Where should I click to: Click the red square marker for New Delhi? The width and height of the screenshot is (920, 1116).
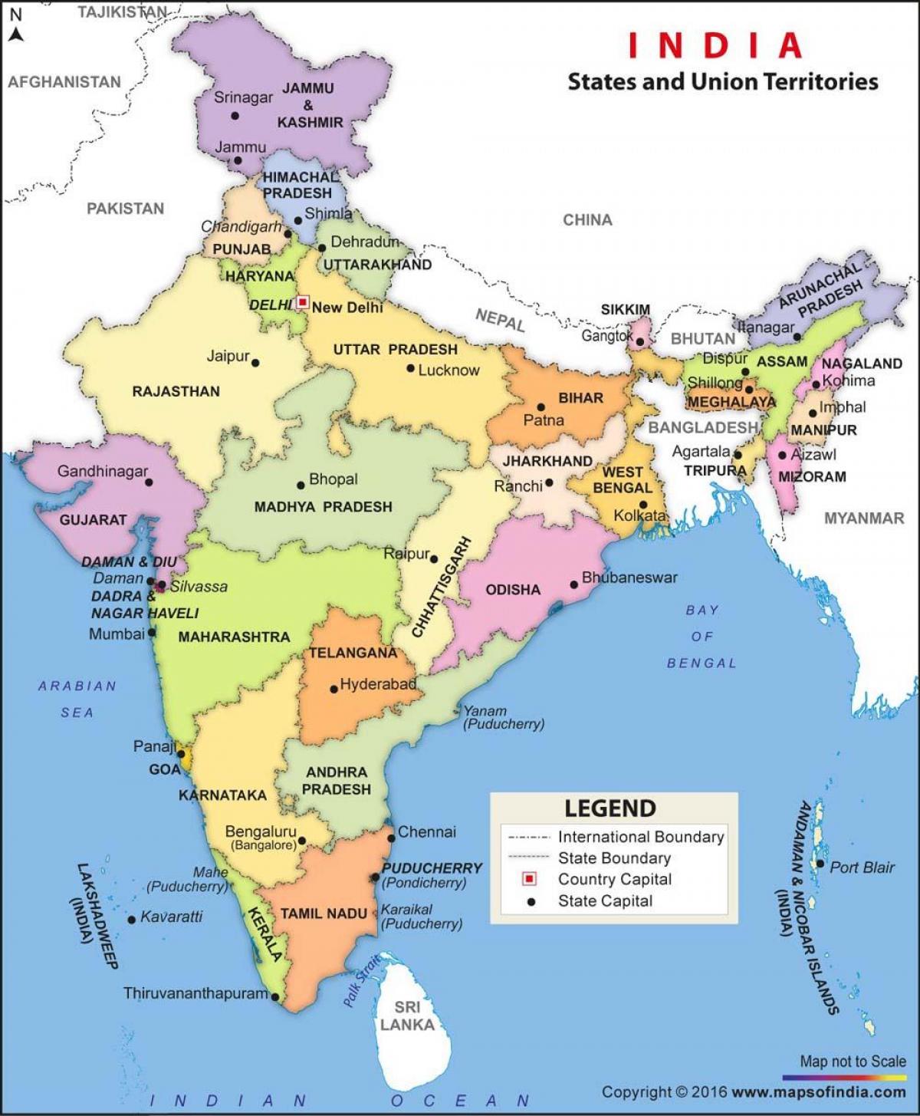[x=303, y=302]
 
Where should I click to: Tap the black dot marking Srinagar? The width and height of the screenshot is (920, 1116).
[x=235, y=116]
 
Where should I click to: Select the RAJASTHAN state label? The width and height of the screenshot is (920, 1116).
[x=176, y=391]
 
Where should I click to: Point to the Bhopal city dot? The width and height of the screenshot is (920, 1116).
[x=301, y=485]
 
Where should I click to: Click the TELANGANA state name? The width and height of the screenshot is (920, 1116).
[x=353, y=653]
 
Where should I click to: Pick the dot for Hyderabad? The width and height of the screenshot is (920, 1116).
[x=333, y=689]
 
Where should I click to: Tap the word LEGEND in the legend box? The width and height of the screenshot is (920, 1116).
[x=610, y=808]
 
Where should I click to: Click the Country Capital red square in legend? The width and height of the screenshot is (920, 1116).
[x=529, y=879]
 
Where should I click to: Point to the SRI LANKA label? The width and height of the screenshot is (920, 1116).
[x=407, y=1016]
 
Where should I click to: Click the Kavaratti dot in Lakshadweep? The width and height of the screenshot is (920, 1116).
[x=132, y=919]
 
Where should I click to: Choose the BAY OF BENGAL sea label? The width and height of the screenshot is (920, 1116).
[x=701, y=636]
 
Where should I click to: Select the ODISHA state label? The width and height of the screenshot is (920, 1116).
[x=513, y=589]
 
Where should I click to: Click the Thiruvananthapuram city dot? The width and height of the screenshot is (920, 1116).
[x=274, y=998]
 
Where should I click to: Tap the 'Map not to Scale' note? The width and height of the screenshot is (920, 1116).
[x=853, y=1062]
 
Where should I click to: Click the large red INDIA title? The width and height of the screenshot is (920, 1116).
[x=716, y=45]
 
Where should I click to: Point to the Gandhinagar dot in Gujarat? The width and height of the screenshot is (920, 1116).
[x=149, y=482]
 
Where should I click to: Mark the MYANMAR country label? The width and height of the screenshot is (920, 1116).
[x=864, y=518]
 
